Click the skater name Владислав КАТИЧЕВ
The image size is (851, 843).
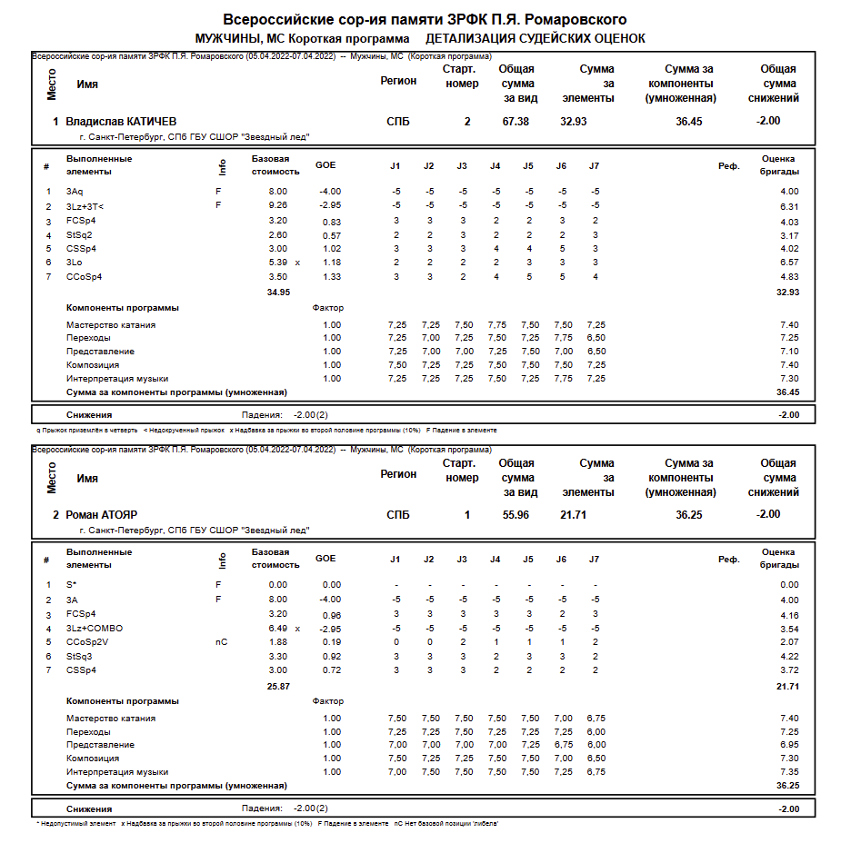pyautogui.click(x=121, y=122)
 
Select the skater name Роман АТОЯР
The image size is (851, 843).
pyautogui.click(x=102, y=515)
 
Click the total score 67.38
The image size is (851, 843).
pyautogui.click(x=516, y=122)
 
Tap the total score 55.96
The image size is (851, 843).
pyautogui.click(x=516, y=515)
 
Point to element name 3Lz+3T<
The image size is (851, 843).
pyautogui.click(x=85, y=206)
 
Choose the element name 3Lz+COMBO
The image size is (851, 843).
pyautogui.click(x=95, y=629)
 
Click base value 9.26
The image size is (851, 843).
pyautogui.click(x=277, y=206)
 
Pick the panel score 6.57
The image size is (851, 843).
pyautogui.click(x=788, y=263)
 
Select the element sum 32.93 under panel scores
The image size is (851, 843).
pyautogui.click(x=787, y=292)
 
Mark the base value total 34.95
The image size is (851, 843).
pyautogui.click(x=278, y=292)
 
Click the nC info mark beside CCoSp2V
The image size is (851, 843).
pyautogui.click(x=221, y=642)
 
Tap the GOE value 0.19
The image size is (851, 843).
pyautogui.click(x=332, y=642)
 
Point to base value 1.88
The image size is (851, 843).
pyautogui.click(x=277, y=642)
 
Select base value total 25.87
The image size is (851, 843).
pyautogui.click(x=278, y=686)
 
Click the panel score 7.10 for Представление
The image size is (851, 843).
pyautogui.click(x=788, y=352)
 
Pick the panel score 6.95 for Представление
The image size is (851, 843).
pyautogui.click(x=788, y=745)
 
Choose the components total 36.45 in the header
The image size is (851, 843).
pyautogui.click(x=688, y=122)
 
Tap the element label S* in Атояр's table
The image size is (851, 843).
pyautogui.click(x=72, y=585)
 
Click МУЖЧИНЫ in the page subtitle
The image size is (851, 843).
pyautogui.click(x=227, y=39)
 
